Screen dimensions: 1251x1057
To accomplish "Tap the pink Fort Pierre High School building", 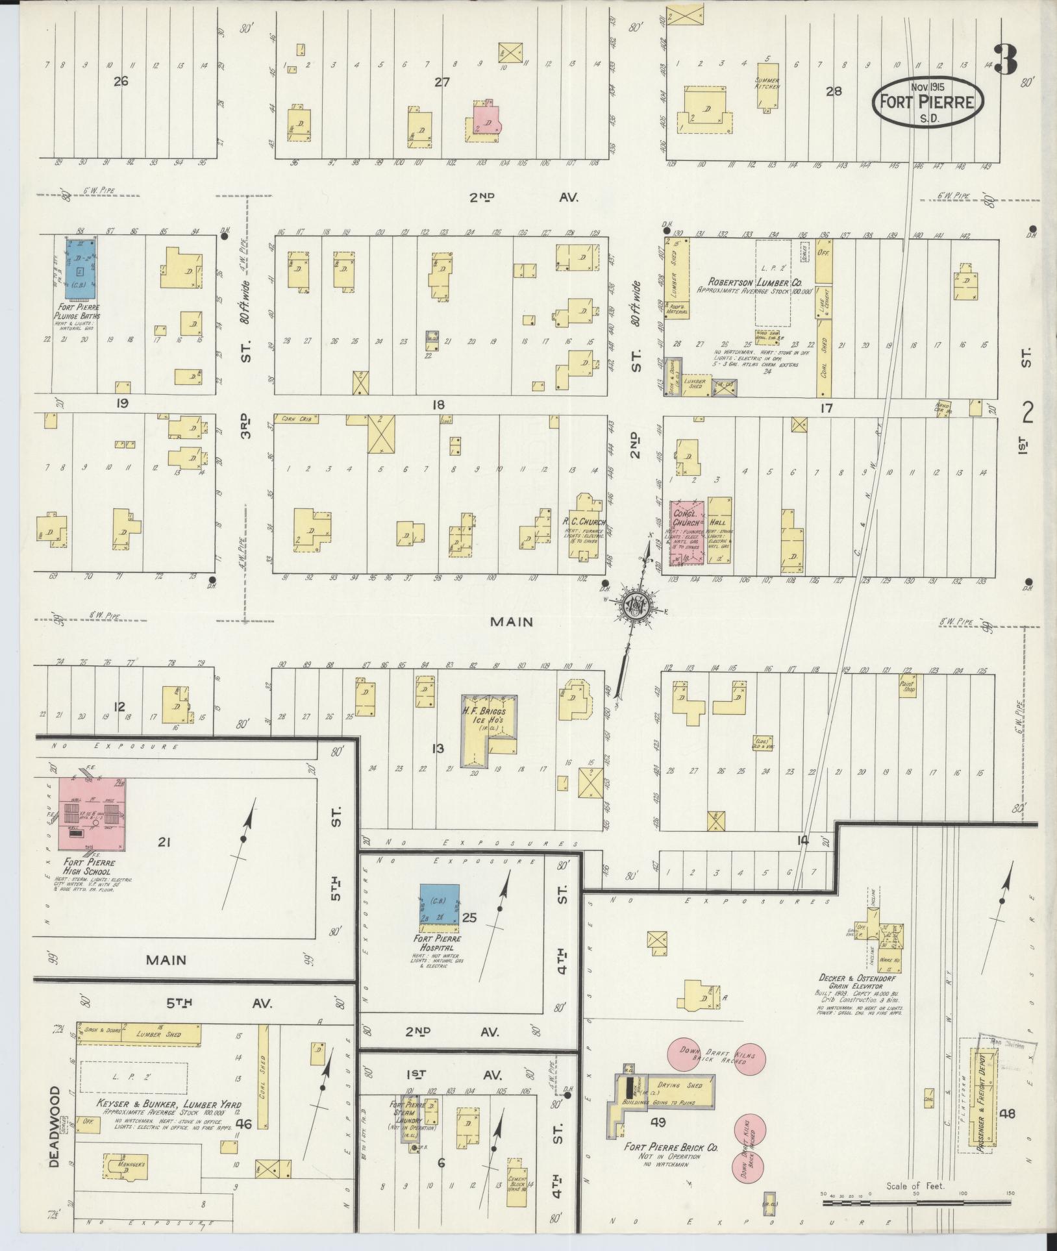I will pos(92,813).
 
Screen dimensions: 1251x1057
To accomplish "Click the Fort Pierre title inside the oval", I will pos(927,103).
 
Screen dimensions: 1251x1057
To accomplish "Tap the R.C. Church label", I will pos(584,522).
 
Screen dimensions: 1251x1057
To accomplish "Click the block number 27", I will pos(441,82).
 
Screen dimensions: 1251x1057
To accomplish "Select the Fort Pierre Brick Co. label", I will pos(671,1147).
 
